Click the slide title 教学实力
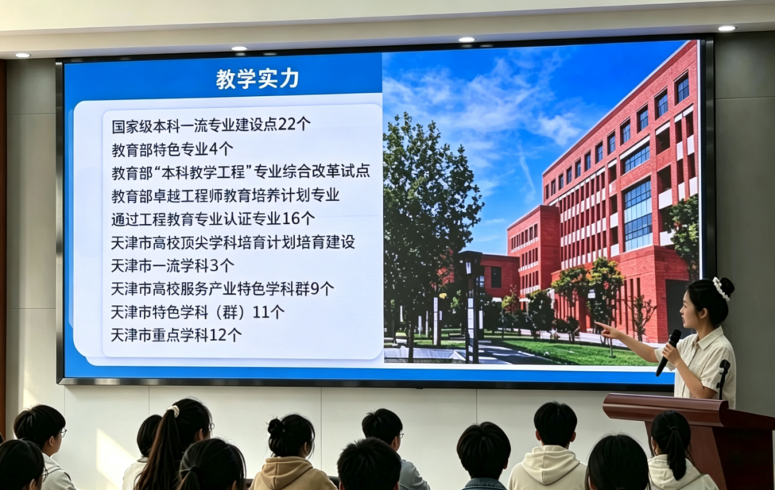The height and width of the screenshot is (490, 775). pyautogui.click(x=258, y=79)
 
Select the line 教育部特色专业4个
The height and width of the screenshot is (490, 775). pyautogui.click(x=172, y=149)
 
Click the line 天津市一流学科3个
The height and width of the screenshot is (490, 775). pyautogui.click(x=172, y=265)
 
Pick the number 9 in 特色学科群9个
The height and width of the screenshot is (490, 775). pyautogui.click(x=314, y=288)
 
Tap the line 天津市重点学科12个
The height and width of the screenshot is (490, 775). pyautogui.click(x=176, y=335)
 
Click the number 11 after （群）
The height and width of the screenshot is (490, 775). pyautogui.click(x=261, y=312)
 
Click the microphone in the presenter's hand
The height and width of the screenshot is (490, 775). pyautogui.click(x=668, y=352)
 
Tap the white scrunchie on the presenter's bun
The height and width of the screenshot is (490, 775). pyautogui.click(x=721, y=288)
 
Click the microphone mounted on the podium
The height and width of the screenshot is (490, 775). pyautogui.click(x=723, y=379)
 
